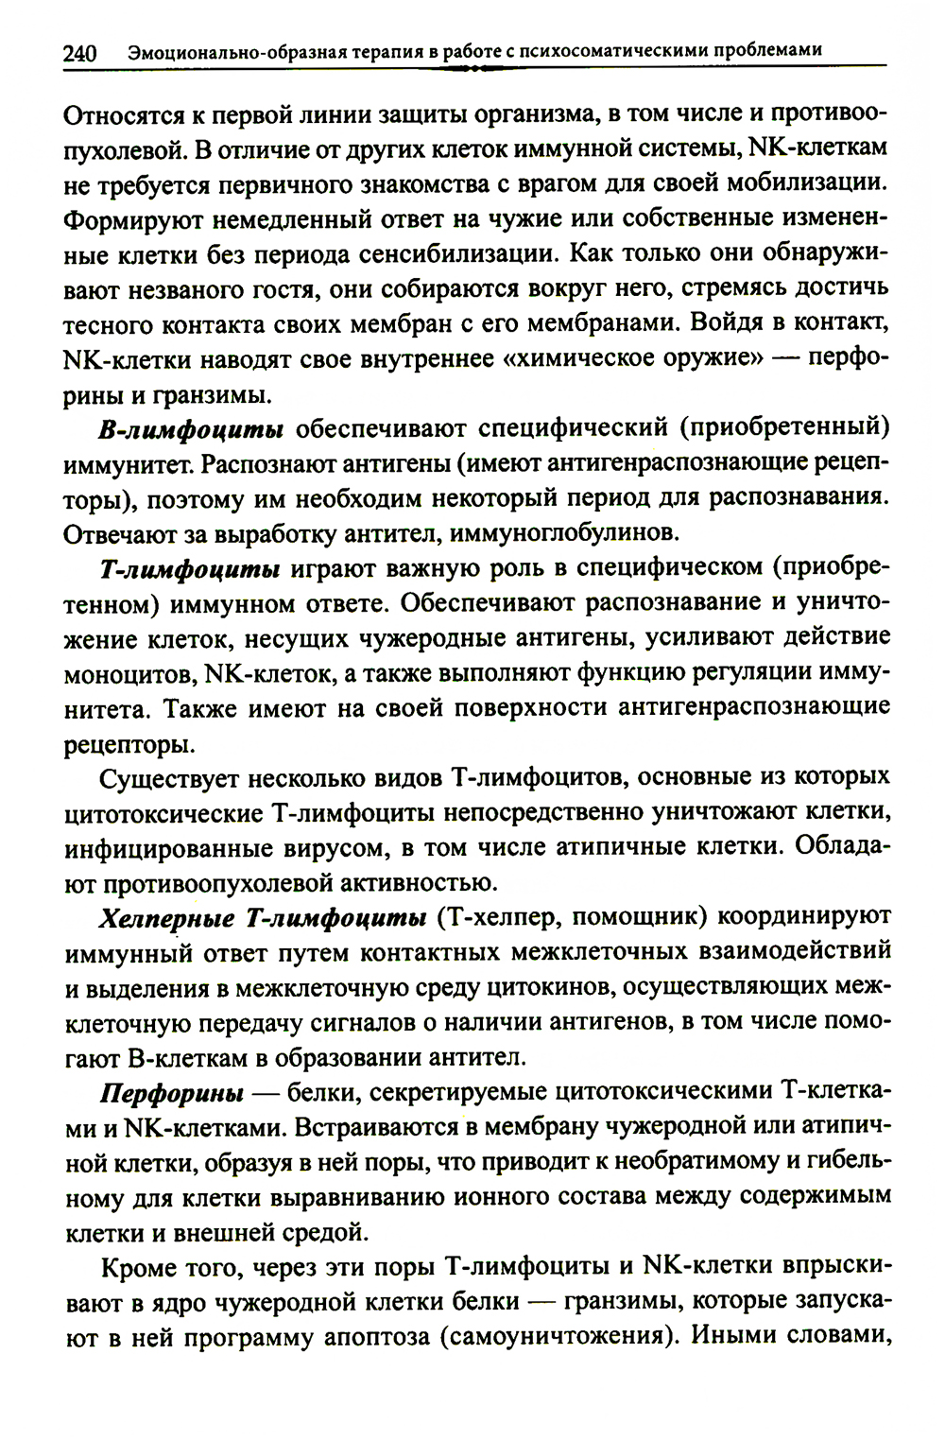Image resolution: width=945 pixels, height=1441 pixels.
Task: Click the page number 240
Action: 80,53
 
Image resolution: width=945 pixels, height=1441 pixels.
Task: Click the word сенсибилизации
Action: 457,254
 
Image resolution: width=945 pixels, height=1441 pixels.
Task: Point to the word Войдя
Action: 730,324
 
